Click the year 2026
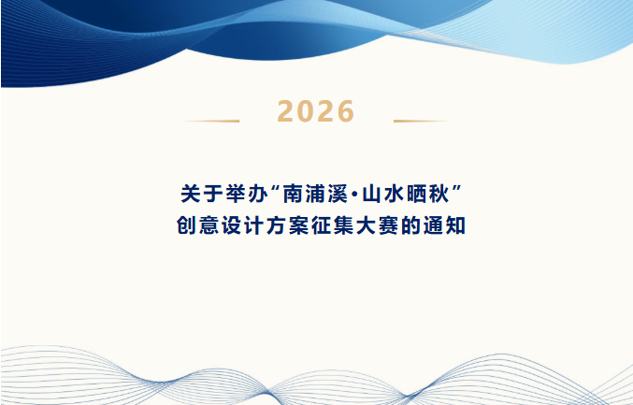[316, 111]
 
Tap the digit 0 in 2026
[306, 111]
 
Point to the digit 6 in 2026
[345, 111]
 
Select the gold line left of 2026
[212, 121]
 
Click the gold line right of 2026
[421, 121]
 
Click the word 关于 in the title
[202, 194]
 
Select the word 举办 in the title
[247, 194]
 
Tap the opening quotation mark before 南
[276, 189]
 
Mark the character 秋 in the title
[439, 194]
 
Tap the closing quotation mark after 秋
[456, 189]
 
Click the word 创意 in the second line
[197, 225]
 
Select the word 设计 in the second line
[242, 225]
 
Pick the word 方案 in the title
[287, 225]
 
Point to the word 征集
[333, 225]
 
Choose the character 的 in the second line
[410, 225]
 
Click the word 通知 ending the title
[444, 225]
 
